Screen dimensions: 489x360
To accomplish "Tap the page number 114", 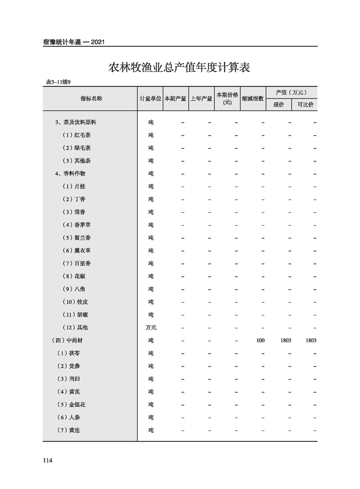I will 48,460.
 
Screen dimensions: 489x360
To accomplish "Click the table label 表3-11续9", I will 59,82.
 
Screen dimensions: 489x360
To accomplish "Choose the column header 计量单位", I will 151,99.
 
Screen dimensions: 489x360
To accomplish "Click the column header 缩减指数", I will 253,99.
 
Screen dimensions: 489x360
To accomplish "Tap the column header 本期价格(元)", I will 227,99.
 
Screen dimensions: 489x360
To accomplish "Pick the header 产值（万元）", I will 291,92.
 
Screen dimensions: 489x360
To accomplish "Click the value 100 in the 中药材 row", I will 260,340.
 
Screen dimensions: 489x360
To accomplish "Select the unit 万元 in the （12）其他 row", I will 151,327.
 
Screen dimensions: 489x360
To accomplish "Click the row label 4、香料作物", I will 70,173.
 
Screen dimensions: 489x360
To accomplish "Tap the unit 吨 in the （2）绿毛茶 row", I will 151,148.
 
